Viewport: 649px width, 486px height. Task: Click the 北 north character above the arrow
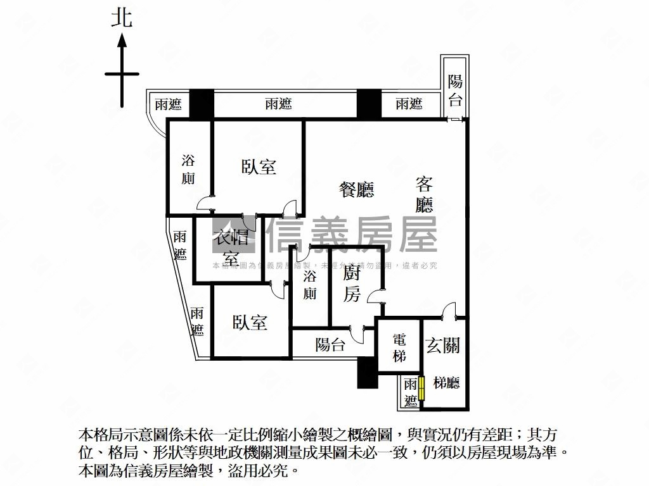(122, 17)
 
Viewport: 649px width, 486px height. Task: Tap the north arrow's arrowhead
(122, 41)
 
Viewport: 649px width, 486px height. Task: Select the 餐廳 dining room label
(356, 189)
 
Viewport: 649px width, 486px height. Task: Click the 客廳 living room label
(424, 194)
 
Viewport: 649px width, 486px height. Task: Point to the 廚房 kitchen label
(352, 284)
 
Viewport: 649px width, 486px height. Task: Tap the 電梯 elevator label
(399, 348)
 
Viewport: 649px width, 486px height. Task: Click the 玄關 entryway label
(443, 346)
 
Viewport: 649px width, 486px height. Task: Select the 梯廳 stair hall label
(446, 382)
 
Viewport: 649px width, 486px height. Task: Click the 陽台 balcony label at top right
(455, 90)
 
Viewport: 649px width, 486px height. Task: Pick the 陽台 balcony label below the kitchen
(330, 345)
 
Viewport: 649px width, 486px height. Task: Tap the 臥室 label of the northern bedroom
(259, 166)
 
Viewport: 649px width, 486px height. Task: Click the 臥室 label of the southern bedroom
(250, 322)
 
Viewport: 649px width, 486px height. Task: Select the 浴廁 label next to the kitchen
(310, 285)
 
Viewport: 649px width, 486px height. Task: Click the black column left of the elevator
(366, 373)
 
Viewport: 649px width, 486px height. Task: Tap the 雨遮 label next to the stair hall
(411, 392)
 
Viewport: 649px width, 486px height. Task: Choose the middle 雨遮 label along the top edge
(278, 104)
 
